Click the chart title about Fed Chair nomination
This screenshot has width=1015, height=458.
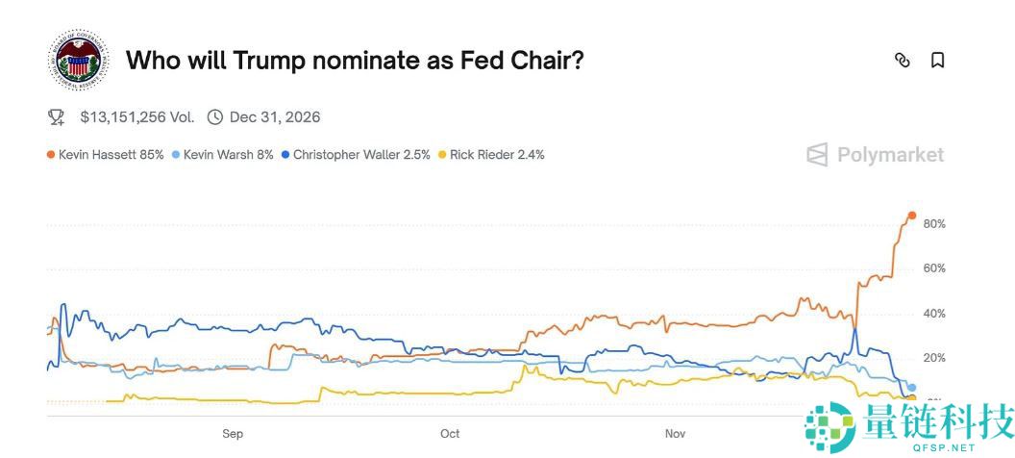tap(355, 61)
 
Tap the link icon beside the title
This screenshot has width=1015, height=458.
tap(902, 61)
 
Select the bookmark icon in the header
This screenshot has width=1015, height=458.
tap(937, 61)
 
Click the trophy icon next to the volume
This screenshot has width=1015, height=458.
tap(56, 117)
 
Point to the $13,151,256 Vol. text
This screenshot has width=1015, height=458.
tap(136, 117)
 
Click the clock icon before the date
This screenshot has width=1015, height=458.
tap(215, 117)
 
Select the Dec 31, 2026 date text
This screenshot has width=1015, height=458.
tap(274, 117)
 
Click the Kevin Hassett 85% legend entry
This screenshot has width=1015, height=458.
tap(106, 154)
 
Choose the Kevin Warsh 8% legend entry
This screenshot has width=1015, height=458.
tap(223, 154)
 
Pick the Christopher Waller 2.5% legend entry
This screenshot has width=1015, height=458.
tap(356, 154)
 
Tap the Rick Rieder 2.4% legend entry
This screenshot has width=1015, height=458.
tap(491, 154)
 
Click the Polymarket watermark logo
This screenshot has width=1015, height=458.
tap(876, 155)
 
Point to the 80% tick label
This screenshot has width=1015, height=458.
tap(934, 224)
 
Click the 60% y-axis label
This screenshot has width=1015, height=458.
tap(934, 268)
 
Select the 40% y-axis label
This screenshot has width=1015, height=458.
tap(934, 314)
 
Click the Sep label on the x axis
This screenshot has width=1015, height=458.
tap(233, 434)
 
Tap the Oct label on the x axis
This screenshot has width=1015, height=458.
tap(450, 434)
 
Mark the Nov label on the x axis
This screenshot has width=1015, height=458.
tap(676, 434)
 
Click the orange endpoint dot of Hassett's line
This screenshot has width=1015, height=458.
tap(911, 216)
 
